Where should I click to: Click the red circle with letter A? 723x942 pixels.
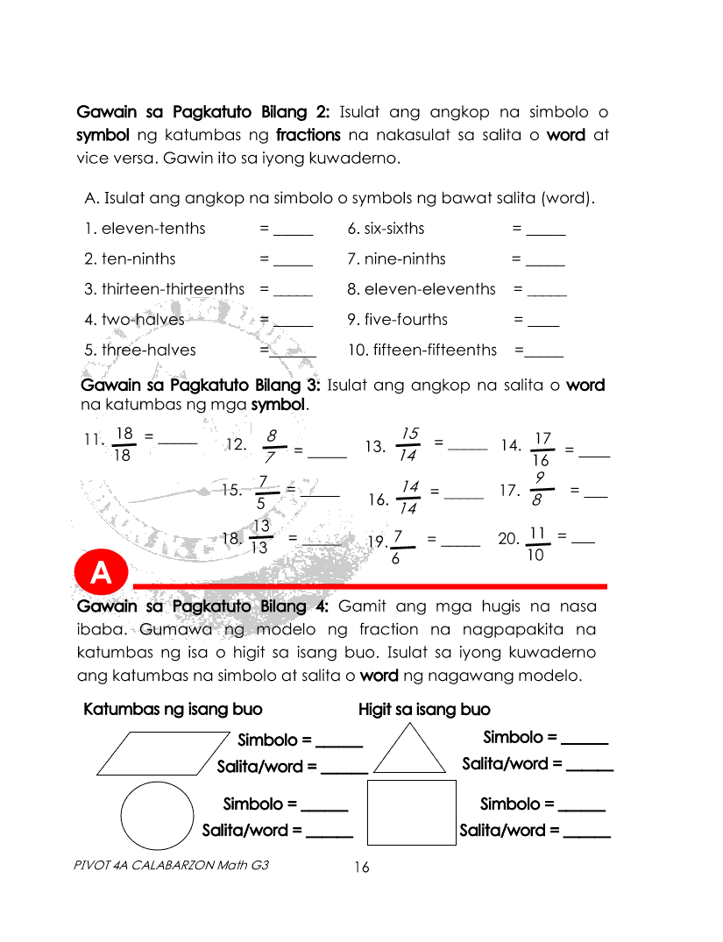102,573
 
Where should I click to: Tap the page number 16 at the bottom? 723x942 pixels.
361,868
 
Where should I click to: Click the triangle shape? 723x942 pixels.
410,749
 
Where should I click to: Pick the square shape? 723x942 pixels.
412,812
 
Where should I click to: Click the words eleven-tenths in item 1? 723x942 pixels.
153,229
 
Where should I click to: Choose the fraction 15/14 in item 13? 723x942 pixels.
408,445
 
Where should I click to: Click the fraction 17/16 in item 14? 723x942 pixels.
542,450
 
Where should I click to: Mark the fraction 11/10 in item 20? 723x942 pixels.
538,544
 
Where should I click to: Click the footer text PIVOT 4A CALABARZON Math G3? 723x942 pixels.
173,864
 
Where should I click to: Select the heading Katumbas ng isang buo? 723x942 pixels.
173,709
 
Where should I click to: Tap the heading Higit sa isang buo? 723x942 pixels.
424,709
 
